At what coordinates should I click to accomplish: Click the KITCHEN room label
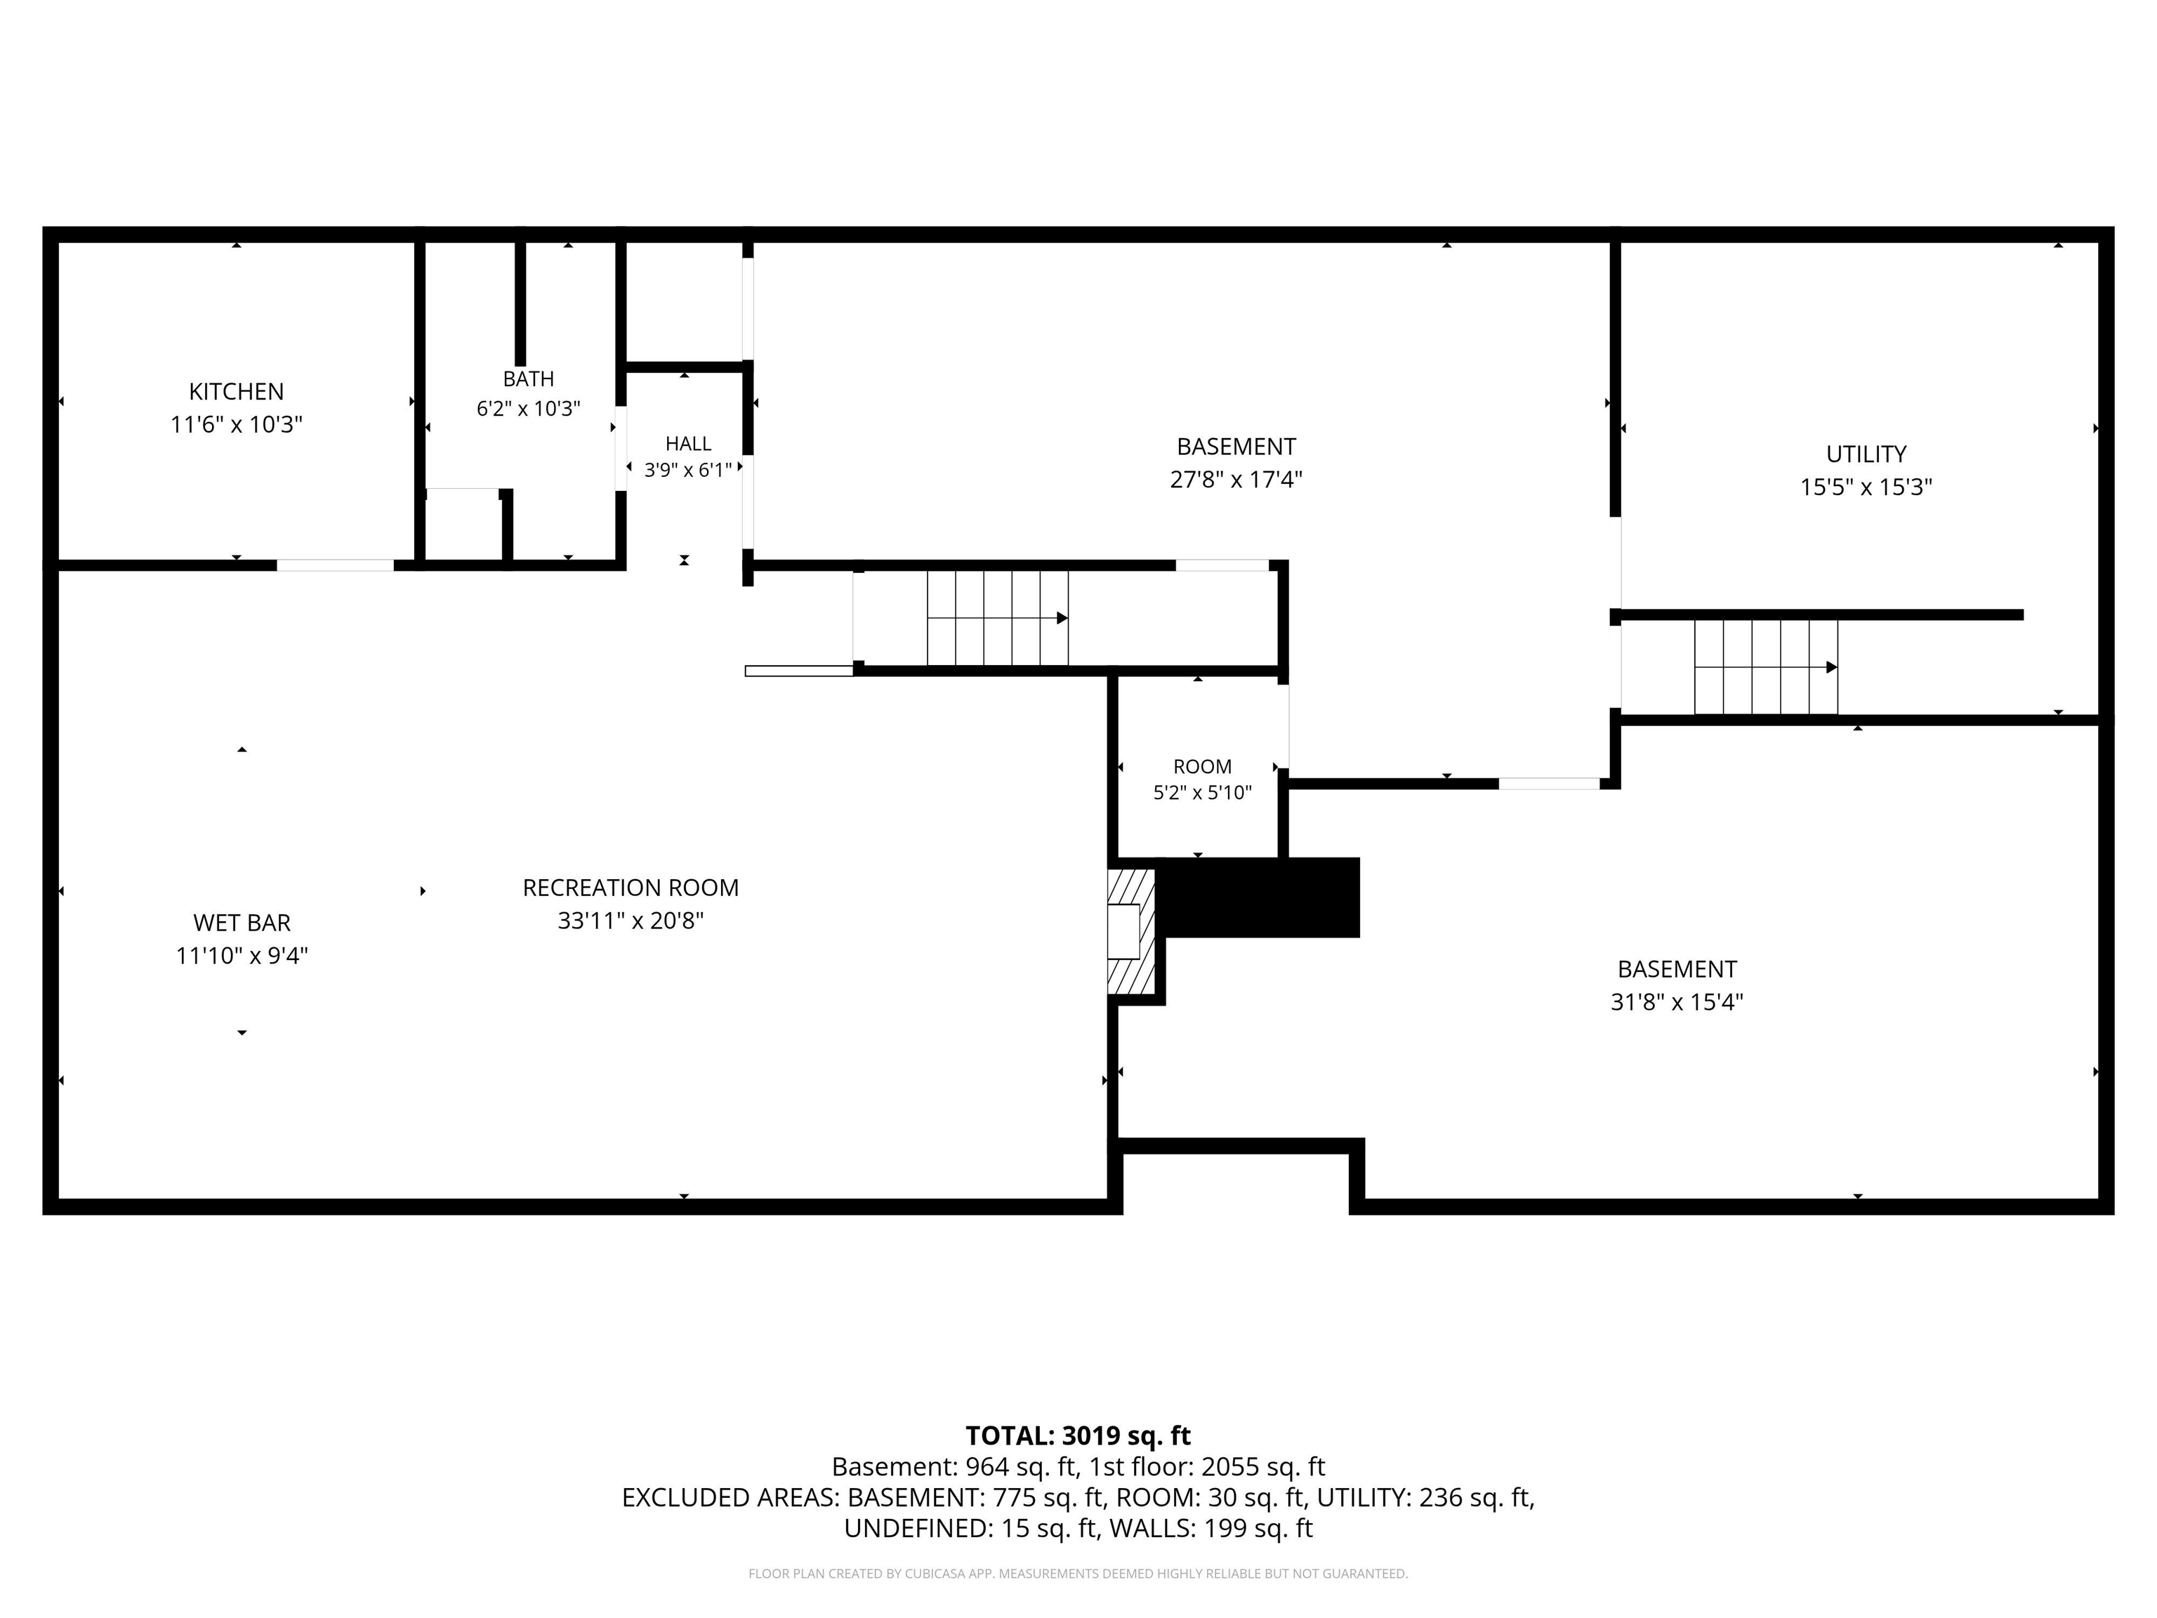click(x=236, y=391)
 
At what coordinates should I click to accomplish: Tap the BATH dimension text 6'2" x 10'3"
click(x=529, y=409)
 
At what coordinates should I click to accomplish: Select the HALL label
click(x=688, y=444)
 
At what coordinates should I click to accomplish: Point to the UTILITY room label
click(x=1866, y=454)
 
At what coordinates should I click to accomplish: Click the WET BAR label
click(x=242, y=923)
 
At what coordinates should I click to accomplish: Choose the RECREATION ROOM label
click(x=631, y=888)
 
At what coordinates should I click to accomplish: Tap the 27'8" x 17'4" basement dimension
click(x=1236, y=480)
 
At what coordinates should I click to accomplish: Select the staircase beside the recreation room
click(x=998, y=617)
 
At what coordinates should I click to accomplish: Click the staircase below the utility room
click(x=1766, y=667)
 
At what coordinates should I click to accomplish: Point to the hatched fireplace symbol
click(x=1131, y=931)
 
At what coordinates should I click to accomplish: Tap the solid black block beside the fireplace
click(x=1258, y=898)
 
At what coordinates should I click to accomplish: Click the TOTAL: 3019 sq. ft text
click(x=1078, y=1435)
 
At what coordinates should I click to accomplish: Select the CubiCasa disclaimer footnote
click(x=1078, y=1573)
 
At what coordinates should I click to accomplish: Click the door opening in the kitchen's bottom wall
click(x=336, y=565)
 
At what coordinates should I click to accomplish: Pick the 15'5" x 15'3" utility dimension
click(x=1866, y=487)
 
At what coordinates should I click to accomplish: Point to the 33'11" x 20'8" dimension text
click(x=631, y=921)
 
